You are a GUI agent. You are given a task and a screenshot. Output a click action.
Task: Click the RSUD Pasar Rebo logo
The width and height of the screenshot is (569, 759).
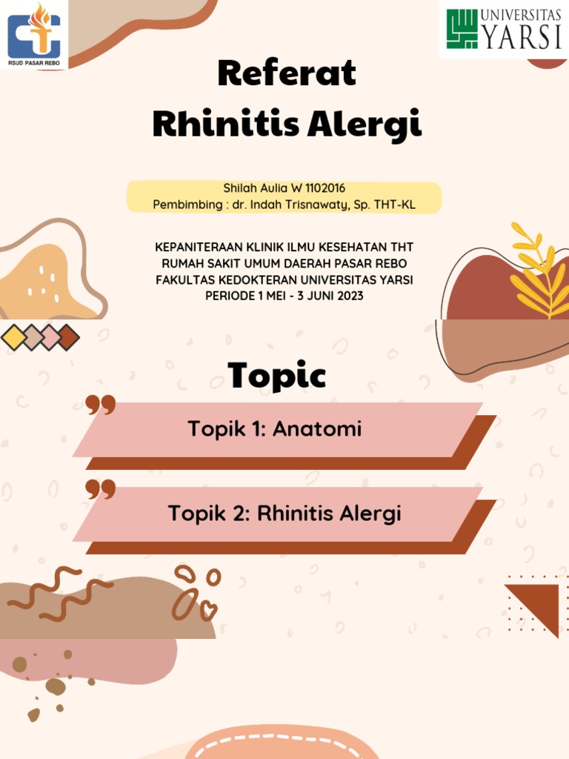(x=34, y=34)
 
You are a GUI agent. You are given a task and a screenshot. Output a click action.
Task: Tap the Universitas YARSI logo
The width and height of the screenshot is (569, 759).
(x=504, y=30)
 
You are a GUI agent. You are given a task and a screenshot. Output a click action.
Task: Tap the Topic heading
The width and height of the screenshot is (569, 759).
(x=276, y=376)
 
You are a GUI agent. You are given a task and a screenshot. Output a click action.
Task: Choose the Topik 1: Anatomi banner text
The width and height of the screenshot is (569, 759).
(x=275, y=428)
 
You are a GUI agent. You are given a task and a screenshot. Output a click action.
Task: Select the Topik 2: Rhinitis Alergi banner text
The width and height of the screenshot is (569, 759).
(x=284, y=513)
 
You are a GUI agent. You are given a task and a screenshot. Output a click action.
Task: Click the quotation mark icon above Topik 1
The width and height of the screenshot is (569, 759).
(x=101, y=405)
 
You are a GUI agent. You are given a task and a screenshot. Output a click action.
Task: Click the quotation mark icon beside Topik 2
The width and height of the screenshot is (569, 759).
(x=101, y=489)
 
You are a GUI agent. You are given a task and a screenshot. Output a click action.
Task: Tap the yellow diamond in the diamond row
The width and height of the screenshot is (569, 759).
(x=13, y=337)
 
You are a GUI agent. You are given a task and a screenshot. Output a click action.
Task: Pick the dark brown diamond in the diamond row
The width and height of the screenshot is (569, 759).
(x=67, y=337)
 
